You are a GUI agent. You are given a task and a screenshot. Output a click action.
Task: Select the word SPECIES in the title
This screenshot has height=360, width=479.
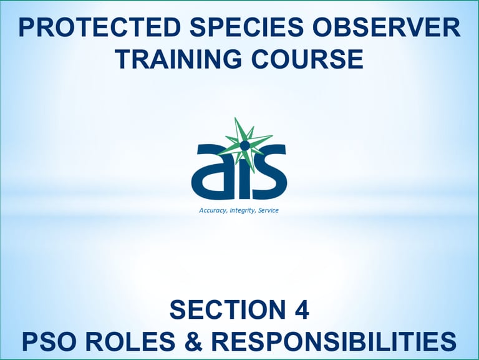point(247,27)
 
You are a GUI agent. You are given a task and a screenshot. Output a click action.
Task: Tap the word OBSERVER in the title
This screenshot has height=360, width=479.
point(387,27)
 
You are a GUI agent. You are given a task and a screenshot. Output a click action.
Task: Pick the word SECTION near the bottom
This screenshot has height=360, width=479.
point(225,310)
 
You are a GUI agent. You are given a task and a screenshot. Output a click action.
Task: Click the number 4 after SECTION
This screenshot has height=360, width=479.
point(301,310)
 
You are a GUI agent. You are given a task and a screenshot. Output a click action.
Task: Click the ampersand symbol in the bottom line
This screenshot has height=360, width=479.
point(194,341)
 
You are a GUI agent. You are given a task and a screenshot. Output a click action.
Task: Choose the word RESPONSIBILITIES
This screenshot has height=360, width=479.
point(334,341)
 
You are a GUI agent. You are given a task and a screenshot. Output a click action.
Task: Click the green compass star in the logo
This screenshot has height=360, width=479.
point(244,144)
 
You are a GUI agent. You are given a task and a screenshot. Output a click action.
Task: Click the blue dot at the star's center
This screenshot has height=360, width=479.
point(244,146)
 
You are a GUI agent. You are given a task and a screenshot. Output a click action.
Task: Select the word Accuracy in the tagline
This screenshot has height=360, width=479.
point(213,210)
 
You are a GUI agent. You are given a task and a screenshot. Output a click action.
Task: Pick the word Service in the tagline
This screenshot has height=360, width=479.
point(269,210)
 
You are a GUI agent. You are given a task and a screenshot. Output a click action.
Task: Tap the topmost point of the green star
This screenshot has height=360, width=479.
point(235,117)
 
